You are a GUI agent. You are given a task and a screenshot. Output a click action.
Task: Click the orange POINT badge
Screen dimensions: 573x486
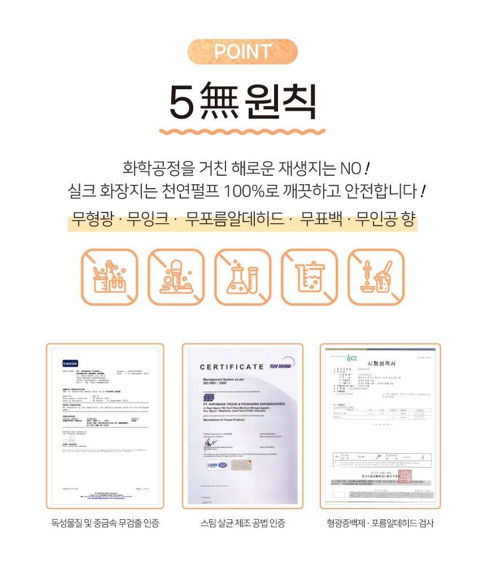pos(242,51)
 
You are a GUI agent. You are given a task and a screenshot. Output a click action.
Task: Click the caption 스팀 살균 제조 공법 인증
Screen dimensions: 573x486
pos(242,523)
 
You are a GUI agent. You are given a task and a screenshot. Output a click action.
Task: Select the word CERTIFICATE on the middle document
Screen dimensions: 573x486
pos(232,367)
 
